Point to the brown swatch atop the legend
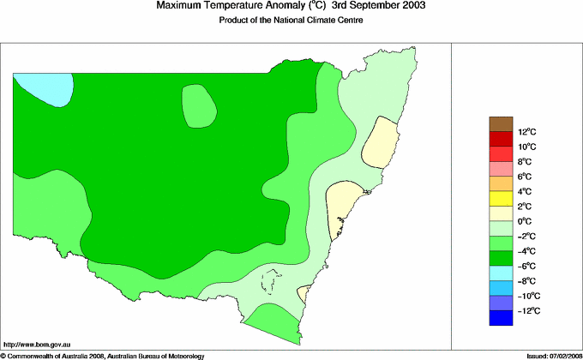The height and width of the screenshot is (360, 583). pos(502,123)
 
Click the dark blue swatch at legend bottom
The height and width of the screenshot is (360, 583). pos(502,319)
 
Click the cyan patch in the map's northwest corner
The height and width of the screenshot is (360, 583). pos(43,87)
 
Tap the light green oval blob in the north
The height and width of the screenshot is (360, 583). pos(198,106)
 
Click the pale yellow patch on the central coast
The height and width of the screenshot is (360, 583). pos(346,208)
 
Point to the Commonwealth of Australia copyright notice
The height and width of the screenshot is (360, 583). pos(111,355)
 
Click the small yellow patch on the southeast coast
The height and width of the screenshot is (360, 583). pos(304,293)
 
